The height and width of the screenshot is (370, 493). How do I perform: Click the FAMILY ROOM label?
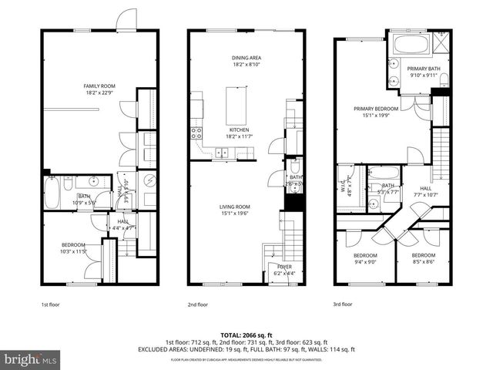[x=100, y=86]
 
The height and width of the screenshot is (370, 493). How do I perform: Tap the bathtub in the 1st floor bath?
[x=52, y=193]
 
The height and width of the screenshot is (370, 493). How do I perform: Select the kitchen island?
[x=236, y=106]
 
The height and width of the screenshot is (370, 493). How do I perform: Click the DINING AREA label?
[x=245, y=58]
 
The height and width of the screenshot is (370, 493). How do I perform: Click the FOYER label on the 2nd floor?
[x=283, y=267]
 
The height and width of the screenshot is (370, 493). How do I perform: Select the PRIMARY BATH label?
[x=423, y=68]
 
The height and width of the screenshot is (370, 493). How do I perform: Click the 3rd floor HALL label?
[x=425, y=188]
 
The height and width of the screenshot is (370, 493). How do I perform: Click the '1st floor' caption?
[x=50, y=304]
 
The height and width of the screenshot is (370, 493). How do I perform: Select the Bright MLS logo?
[x=32, y=359]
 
